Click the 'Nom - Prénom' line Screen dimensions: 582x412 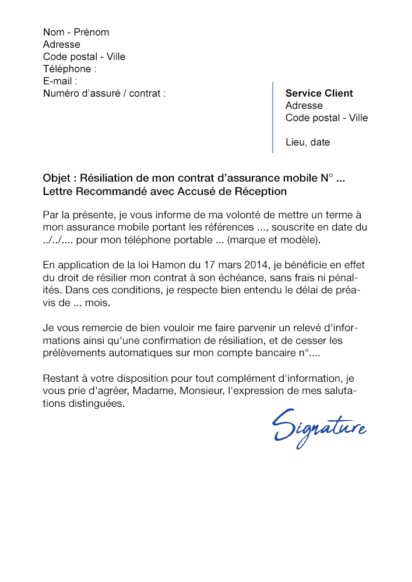tap(76, 32)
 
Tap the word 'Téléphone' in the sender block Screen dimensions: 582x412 tap(67, 69)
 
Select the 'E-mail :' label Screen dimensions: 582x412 tap(60, 81)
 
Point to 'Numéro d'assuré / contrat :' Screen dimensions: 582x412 tap(104, 93)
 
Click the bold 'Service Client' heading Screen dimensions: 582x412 tap(319, 93)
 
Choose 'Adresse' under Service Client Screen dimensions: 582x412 tap(304, 105)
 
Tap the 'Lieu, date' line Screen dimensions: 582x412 tap(308, 142)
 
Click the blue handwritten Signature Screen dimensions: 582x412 tap(319, 428)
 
